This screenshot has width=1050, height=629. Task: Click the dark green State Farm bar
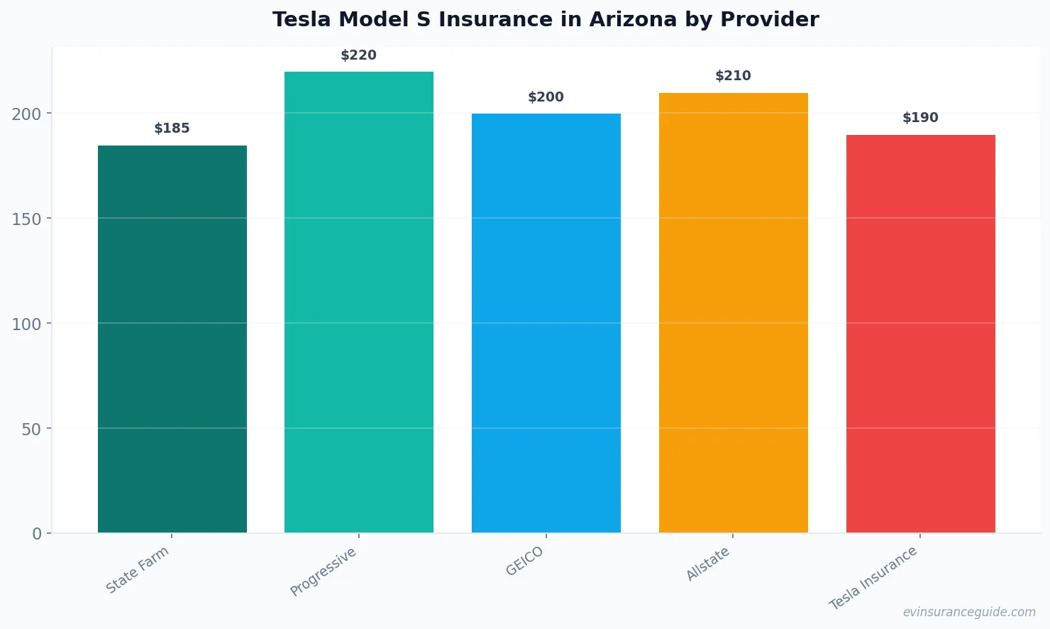point(172,339)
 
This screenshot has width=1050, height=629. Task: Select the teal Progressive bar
point(358,302)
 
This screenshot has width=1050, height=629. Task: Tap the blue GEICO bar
point(546,323)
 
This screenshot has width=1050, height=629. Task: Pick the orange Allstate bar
point(733,312)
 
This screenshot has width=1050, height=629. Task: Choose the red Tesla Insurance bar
point(920,334)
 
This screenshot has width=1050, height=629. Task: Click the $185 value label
point(172,128)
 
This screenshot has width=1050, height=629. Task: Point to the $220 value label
point(358,55)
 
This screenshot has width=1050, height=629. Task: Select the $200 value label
point(546,97)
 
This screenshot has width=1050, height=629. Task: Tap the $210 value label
point(733,76)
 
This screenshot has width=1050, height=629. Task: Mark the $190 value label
point(920,118)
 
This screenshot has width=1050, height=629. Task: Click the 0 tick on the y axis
point(37,534)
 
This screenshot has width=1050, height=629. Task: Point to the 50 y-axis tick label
point(31,429)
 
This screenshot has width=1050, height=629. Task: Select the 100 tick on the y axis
point(26,324)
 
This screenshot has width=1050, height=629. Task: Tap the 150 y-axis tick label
point(26,219)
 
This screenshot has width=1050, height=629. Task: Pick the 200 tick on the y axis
point(26,114)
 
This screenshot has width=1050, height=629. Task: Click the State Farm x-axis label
point(138,570)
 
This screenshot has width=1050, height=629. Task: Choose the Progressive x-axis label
point(324,572)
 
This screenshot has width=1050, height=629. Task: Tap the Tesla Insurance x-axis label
point(873,578)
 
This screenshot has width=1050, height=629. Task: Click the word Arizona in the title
point(635,20)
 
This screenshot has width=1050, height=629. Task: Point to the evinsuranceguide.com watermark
point(969,612)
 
